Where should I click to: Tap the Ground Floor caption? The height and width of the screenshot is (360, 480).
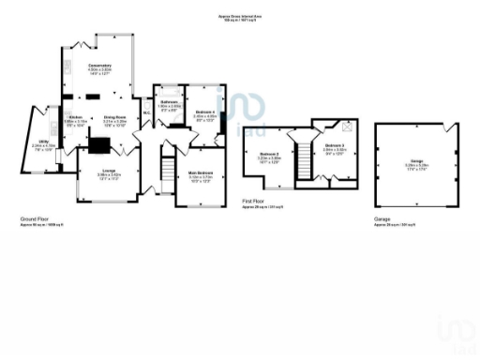click(x=34, y=219)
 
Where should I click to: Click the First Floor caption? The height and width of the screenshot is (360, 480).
click(x=252, y=201)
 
